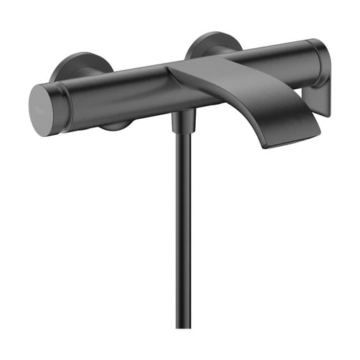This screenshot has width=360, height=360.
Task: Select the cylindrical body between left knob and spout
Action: pyautogui.click(x=119, y=91)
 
